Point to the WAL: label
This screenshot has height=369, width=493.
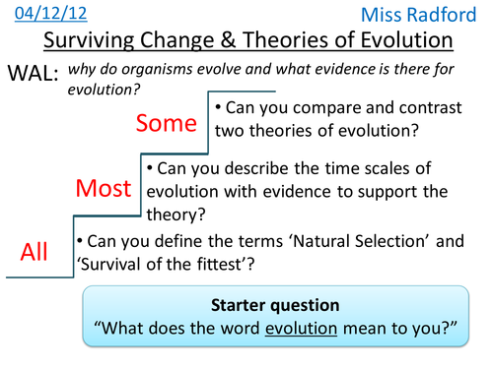pos(33,74)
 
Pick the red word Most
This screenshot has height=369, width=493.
pos(104,187)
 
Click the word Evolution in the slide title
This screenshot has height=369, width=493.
pos(403,42)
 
